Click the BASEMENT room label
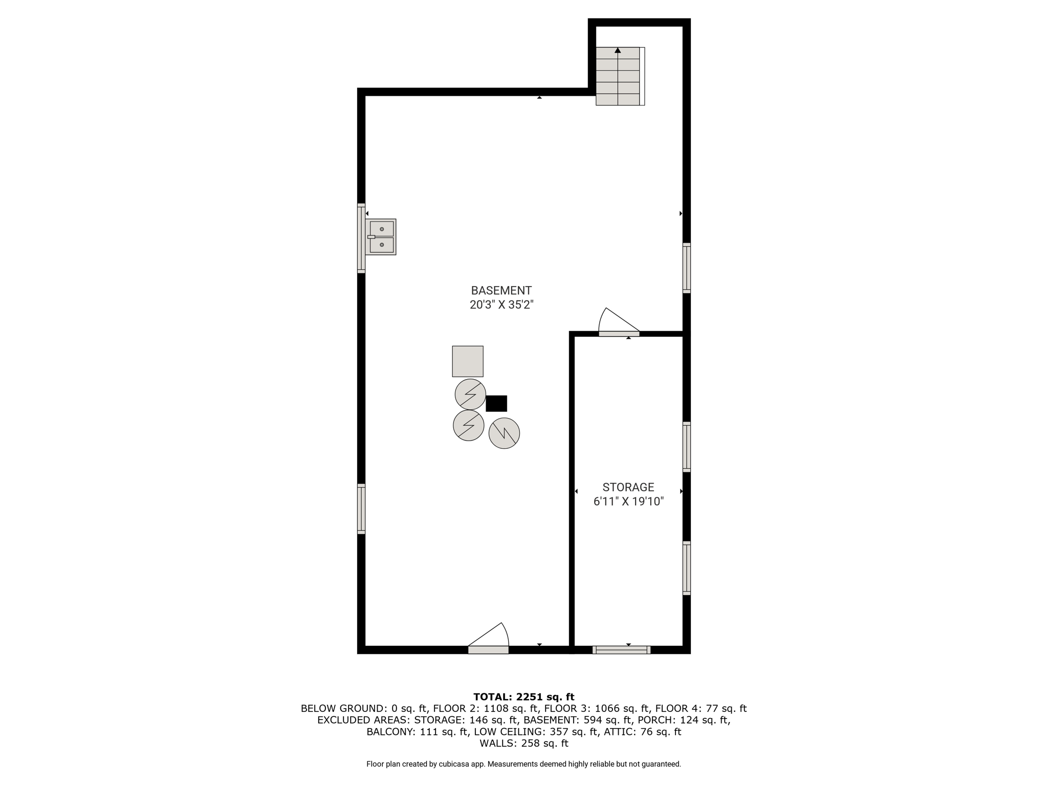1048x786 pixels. pyautogui.click(x=501, y=291)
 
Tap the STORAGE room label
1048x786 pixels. pyautogui.click(x=628, y=487)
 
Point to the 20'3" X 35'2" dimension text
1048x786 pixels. pyautogui.click(x=501, y=305)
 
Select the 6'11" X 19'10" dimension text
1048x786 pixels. pyautogui.click(x=628, y=501)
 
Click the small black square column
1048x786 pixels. pyautogui.click(x=496, y=403)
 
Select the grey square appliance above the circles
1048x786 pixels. pyautogui.click(x=468, y=361)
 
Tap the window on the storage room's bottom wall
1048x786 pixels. pyautogui.click(x=622, y=650)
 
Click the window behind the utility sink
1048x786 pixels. pyautogui.click(x=361, y=238)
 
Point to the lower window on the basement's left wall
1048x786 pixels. pyautogui.click(x=361, y=509)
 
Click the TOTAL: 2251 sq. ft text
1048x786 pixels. pyautogui.click(x=524, y=697)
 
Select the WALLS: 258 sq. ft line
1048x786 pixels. pyautogui.click(x=524, y=744)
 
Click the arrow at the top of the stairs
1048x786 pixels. pyautogui.click(x=618, y=50)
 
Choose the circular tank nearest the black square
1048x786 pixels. pyautogui.click(x=470, y=395)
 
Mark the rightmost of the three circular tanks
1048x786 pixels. pyautogui.click(x=505, y=433)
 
